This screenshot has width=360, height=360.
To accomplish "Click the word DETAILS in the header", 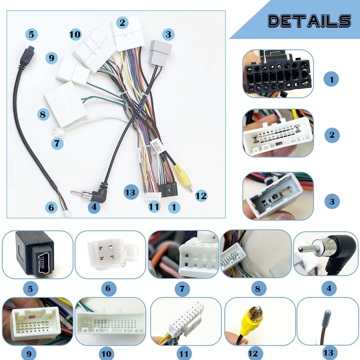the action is point(309,21).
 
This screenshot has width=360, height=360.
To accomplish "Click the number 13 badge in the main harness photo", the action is point(130,192).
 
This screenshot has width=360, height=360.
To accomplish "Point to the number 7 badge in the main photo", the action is point(57,144).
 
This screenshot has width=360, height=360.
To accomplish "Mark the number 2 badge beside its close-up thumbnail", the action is point(332,134).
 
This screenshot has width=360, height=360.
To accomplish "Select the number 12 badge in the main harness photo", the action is point(201,196).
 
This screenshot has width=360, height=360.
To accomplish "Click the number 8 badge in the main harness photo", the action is point(43,114).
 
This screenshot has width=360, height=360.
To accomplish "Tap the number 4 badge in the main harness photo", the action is point(94,207).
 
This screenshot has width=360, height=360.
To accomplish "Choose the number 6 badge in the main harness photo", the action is point(51,207).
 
